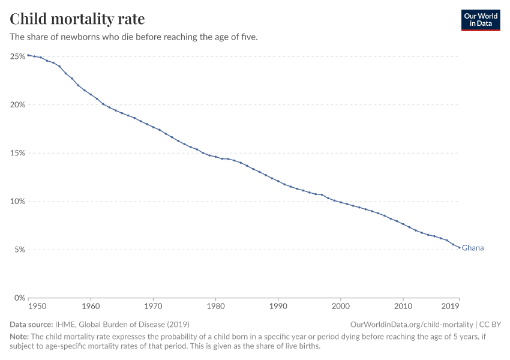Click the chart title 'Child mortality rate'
[77, 19]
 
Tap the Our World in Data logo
[480, 20]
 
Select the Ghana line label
[473, 248]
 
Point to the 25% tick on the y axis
[17, 56]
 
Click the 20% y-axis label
[17, 104]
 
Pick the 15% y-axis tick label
[17, 153]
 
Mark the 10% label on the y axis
[17, 201]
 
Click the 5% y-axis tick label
[19, 250]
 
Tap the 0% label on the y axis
[19, 298]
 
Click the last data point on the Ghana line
[459, 248]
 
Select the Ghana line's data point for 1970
[153, 127]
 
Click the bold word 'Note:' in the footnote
[20, 337]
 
